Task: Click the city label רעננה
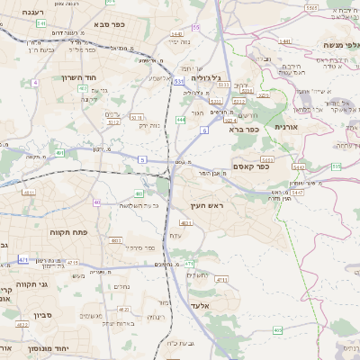click(x=18, y=12)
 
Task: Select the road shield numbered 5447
click(x=297, y=193)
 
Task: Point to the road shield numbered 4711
click(x=221, y=280)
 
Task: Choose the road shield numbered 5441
click(x=284, y=40)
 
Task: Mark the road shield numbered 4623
click(x=82, y=88)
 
